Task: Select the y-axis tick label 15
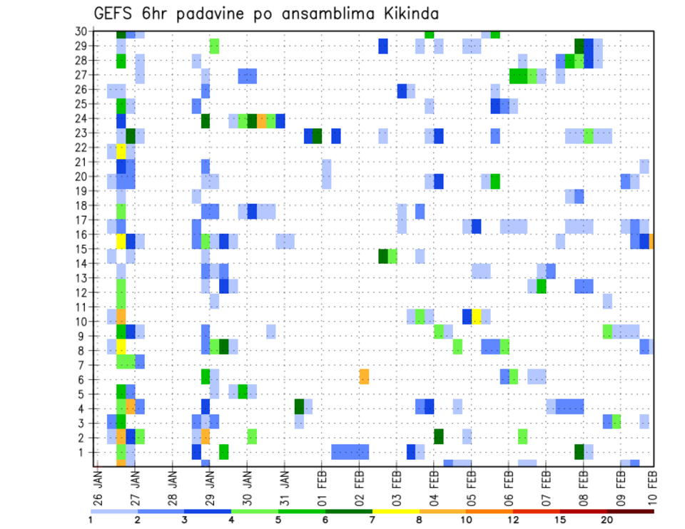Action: pyautogui.click(x=80, y=250)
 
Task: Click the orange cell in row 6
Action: pyautogui.click(x=364, y=376)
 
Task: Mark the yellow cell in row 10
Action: pyautogui.click(x=477, y=316)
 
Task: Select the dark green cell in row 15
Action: pyautogui.click(x=383, y=256)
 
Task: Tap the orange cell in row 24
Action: pyautogui.click(x=262, y=120)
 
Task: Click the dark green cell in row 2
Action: pyautogui.click(x=439, y=436)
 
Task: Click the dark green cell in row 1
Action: pyautogui.click(x=579, y=452)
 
